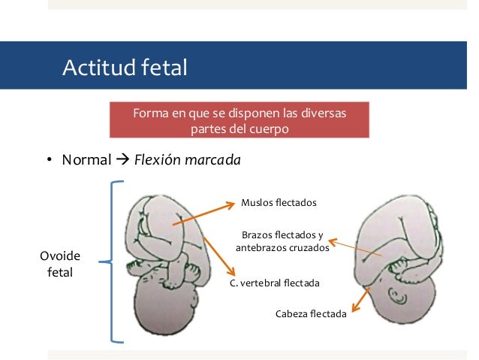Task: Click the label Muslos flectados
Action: point(279,203)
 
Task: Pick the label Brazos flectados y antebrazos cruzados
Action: point(282,241)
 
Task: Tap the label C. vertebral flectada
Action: point(275,283)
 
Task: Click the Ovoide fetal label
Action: point(60,263)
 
